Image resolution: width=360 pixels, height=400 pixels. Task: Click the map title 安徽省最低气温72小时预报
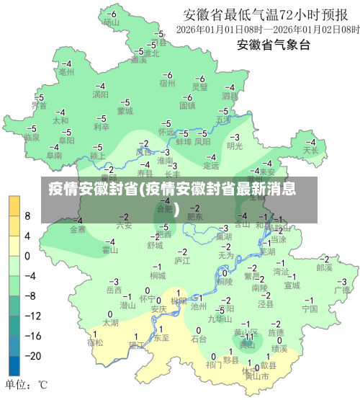270,14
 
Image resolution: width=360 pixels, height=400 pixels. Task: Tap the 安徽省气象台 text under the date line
274,45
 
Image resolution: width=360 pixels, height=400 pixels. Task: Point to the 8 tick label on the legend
27,216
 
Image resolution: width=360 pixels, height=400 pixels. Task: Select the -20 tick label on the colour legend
32,355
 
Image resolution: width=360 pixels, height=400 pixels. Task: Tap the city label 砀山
110,22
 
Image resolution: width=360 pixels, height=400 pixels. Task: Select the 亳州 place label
66,72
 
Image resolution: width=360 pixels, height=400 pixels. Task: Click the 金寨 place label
78,230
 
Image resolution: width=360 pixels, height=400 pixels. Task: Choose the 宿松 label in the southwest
95,342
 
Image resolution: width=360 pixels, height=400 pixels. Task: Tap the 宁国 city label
310,308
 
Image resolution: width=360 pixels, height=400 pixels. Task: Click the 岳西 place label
114,290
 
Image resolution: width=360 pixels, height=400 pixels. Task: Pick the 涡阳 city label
100,94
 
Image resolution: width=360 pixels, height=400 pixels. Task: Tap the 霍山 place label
109,250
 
